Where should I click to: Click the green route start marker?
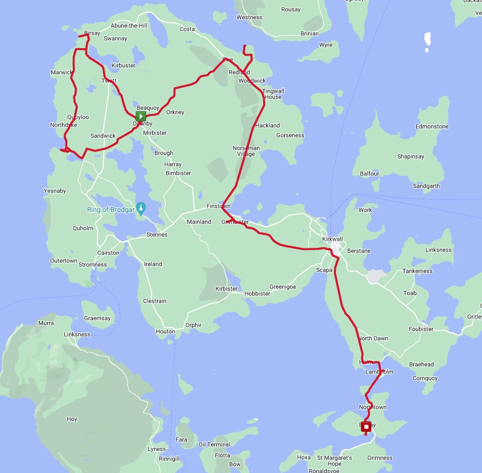click(141, 117)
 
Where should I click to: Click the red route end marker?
click(366, 427)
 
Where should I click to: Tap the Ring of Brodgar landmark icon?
click(141, 208)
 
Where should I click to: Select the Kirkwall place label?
click(332, 239)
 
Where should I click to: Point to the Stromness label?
click(92, 265)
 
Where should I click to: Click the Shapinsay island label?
click(411, 156)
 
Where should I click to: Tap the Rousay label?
click(291, 9)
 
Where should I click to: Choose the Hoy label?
click(72, 419)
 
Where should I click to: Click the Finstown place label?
click(218, 206)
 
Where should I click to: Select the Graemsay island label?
click(97, 318)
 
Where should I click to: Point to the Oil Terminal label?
click(214, 444)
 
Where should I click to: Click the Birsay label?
click(92, 33)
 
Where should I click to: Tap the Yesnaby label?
click(55, 191)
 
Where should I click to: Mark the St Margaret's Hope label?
click(334, 461)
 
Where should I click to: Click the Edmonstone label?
click(432, 126)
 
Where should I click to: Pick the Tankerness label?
click(417, 271)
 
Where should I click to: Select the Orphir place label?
click(193, 325)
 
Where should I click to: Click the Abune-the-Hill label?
click(129, 26)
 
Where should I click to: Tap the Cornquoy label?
click(425, 378)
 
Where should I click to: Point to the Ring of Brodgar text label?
click(110, 210)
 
